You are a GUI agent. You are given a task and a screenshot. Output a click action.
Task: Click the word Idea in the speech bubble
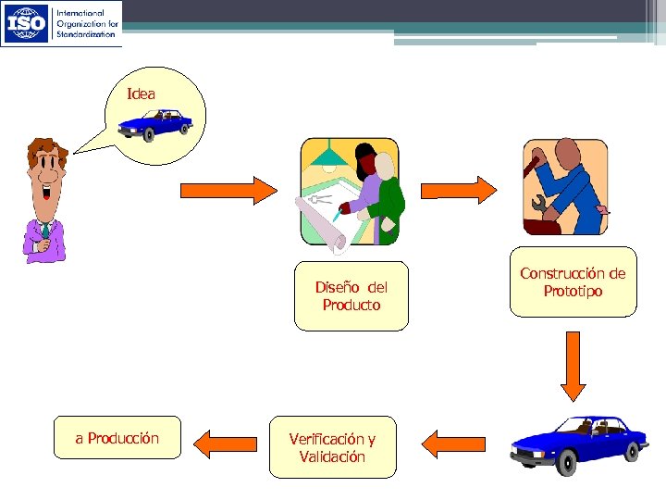[142, 94]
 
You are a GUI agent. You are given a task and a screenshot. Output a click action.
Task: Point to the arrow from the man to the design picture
[228, 190]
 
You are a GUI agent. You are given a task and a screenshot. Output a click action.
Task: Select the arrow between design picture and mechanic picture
[460, 189]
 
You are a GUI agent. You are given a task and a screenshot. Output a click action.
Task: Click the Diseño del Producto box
[351, 296]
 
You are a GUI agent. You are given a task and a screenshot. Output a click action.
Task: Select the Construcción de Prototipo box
[573, 282]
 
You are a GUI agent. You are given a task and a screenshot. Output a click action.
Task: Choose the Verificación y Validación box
[332, 447]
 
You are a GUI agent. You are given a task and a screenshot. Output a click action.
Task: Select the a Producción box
[117, 439]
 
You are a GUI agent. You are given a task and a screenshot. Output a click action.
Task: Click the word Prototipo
[573, 292]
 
